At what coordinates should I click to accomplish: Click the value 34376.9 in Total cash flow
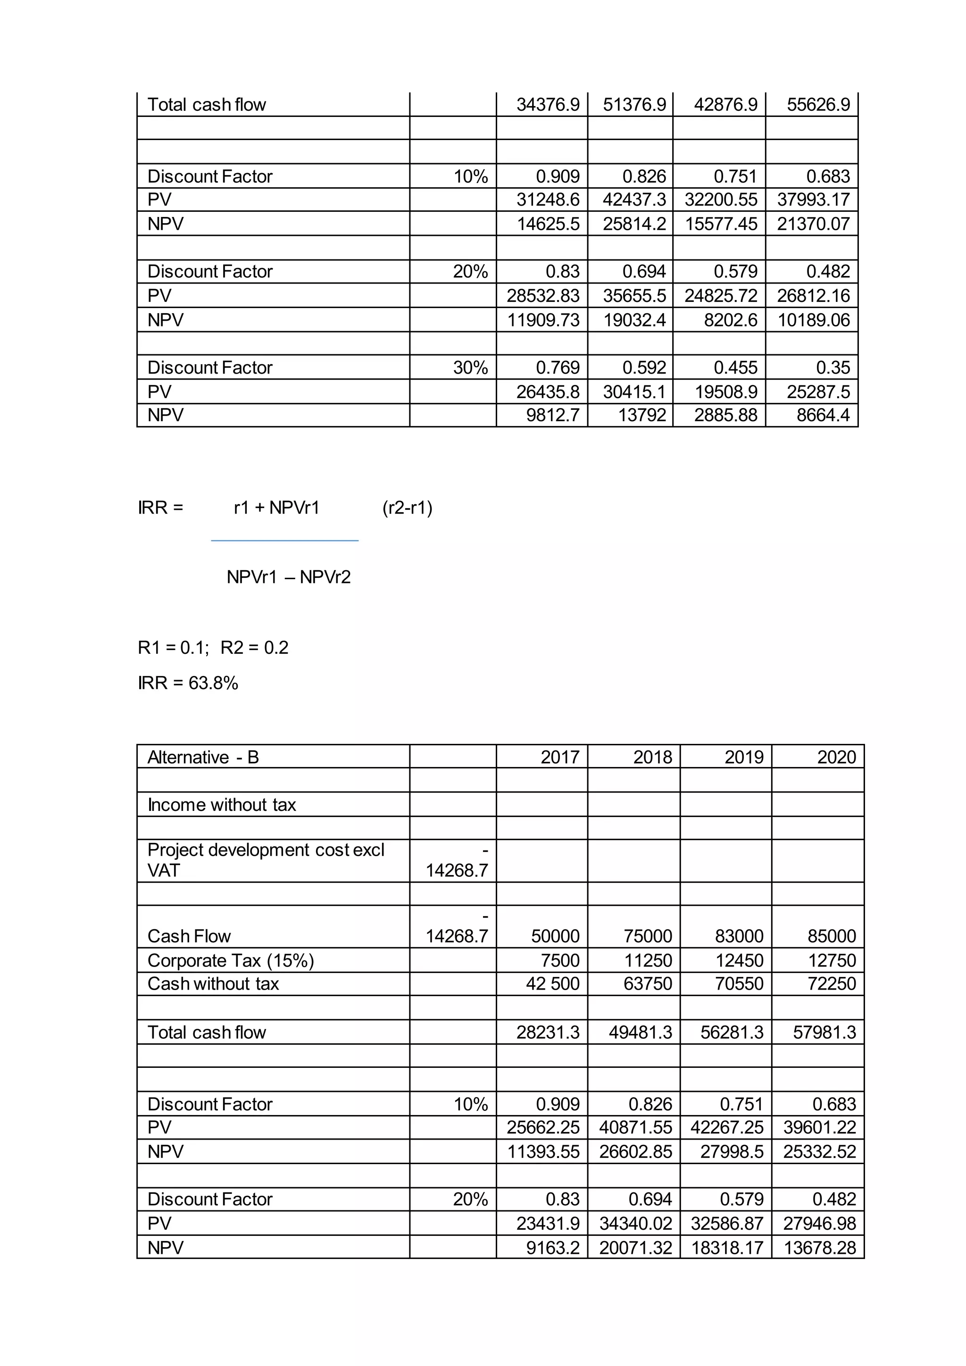tap(547, 105)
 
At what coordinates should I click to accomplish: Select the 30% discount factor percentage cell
tap(470, 367)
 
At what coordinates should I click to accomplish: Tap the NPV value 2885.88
tap(726, 415)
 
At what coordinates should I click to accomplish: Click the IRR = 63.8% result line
tap(188, 683)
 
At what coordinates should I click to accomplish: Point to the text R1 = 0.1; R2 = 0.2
tap(213, 647)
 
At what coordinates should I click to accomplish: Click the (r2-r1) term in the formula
tap(407, 508)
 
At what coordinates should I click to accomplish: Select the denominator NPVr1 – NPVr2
tap(289, 576)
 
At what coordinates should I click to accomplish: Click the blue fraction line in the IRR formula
tap(284, 540)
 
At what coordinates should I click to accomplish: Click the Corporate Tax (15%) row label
tap(231, 960)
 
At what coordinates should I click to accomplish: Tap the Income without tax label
tap(221, 804)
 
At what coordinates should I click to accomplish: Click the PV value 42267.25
tap(726, 1127)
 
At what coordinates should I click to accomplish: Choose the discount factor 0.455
tap(735, 367)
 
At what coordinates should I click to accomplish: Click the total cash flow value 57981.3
tap(824, 1032)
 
